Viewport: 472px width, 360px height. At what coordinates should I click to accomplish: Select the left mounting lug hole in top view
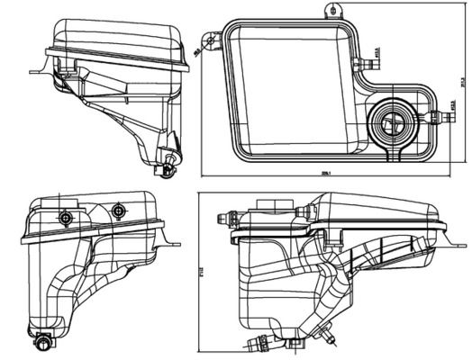coord(212,39)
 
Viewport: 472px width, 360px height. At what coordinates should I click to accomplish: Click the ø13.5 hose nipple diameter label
coord(375,64)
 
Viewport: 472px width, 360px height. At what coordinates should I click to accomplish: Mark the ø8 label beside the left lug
coord(197,52)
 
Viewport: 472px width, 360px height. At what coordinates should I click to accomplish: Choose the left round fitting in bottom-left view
coord(65,218)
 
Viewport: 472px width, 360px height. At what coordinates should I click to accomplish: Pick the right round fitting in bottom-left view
coord(116,211)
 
